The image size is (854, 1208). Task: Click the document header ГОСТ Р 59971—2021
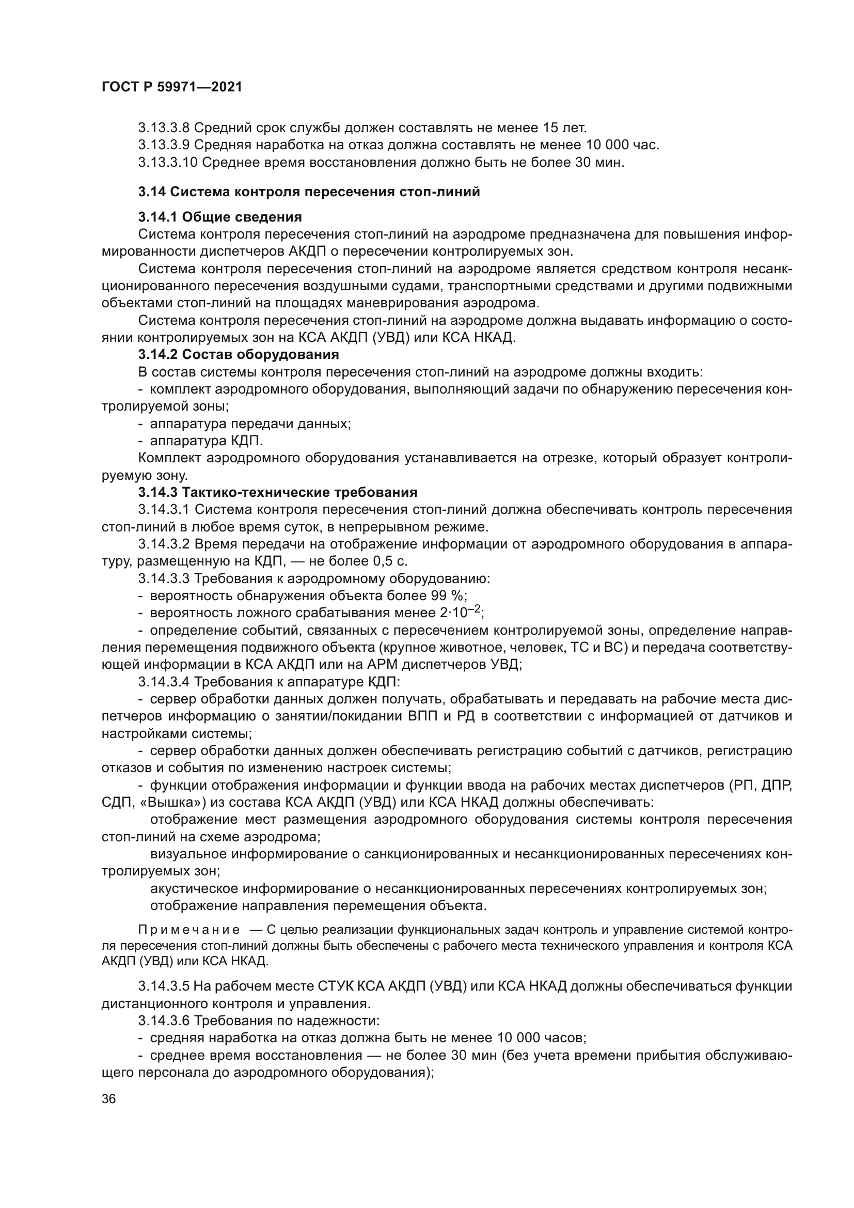tap(172, 87)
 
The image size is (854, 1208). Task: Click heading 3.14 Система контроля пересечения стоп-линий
tap(309, 192)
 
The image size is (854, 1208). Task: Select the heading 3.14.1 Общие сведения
tap(220, 217)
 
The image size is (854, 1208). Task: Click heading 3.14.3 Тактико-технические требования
tap(278, 493)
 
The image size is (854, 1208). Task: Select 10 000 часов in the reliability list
tap(539, 1038)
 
